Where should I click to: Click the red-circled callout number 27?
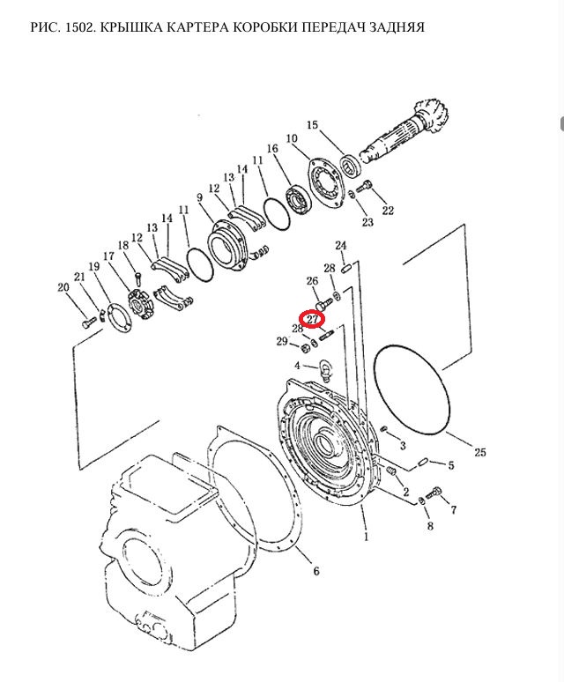coord(313,319)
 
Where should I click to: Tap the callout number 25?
coord(480,452)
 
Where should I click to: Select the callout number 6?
coord(316,571)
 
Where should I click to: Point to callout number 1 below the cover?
coord(366,537)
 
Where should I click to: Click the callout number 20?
coord(63,287)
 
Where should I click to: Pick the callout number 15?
coord(313,125)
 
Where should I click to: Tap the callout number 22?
coord(388,211)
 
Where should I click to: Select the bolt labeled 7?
coord(434,493)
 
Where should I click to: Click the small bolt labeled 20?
coord(88,322)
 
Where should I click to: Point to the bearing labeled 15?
coord(351,166)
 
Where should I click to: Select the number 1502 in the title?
coord(78,27)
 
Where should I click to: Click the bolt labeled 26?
coord(323,303)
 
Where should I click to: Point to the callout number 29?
coord(282,341)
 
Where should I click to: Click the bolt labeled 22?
coord(363,188)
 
